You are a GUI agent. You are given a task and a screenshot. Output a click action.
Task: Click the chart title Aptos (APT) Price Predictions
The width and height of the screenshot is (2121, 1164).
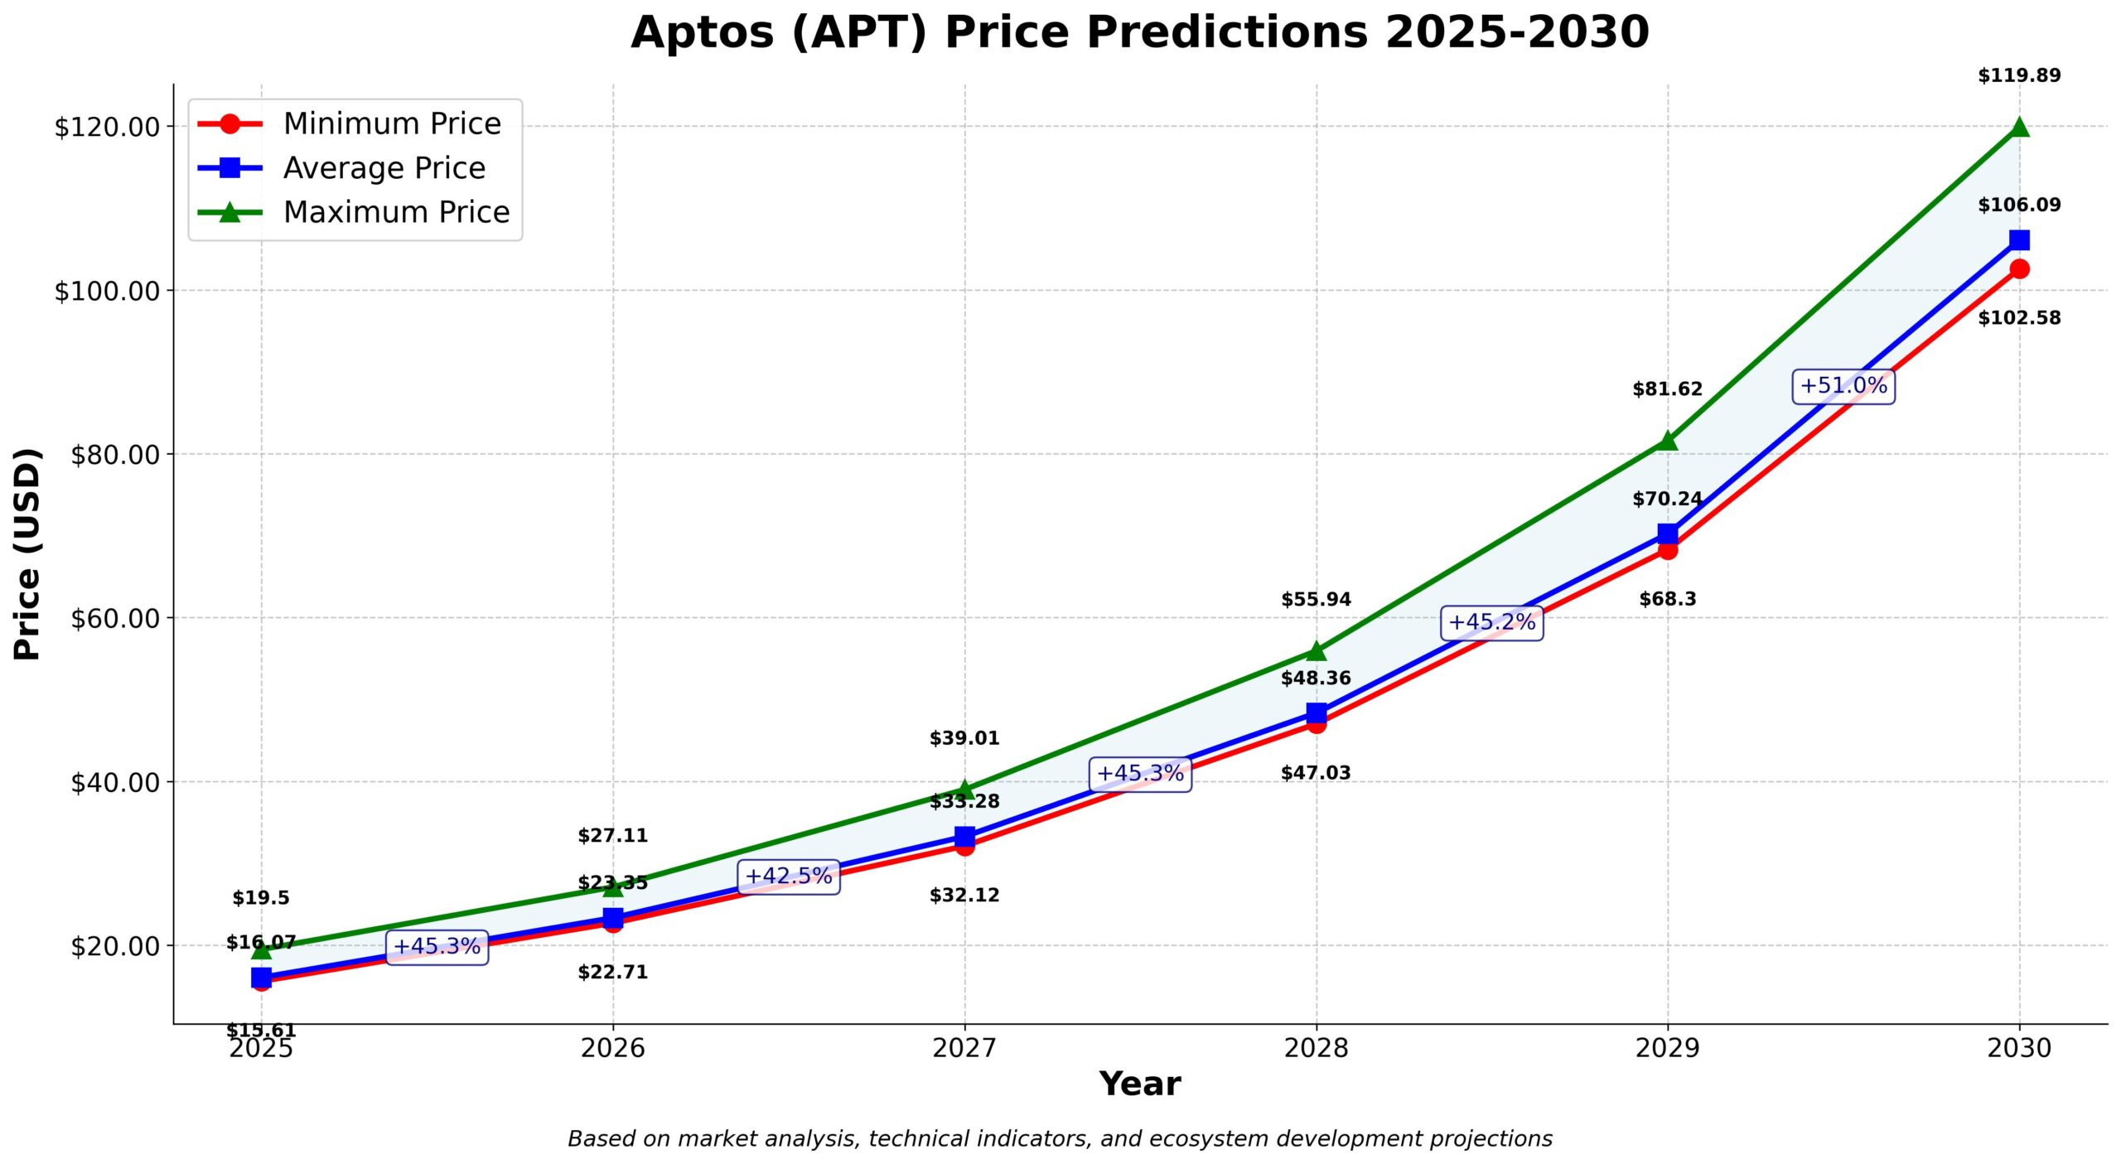click(x=1139, y=33)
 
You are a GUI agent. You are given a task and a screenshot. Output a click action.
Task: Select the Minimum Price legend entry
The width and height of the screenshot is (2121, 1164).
click(x=391, y=124)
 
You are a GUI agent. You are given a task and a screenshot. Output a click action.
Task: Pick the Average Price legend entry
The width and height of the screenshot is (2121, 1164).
click(x=384, y=168)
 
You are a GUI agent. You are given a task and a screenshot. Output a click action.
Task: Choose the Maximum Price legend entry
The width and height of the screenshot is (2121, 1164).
click(x=395, y=213)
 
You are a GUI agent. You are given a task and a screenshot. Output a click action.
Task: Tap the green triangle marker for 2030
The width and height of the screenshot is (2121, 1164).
click(x=2019, y=127)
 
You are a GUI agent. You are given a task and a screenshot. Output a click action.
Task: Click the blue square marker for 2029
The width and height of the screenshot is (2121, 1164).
click(x=1667, y=534)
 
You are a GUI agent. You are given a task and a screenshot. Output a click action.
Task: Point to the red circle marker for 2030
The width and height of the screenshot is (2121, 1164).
click(x=2019, y=268)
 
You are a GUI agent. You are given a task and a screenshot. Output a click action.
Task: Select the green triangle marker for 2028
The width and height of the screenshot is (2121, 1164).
click(x=1316, y=651)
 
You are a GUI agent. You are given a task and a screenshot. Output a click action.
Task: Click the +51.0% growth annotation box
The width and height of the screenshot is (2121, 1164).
click(x=1843, y=386)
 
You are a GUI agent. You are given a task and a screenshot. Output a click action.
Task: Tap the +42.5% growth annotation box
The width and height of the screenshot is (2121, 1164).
click(x=788, y=876)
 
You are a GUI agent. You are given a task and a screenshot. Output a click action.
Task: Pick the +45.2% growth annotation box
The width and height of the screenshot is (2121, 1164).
click(x=1491, y=622)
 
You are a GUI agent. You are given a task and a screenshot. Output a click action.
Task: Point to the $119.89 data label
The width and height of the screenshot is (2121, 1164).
click(x=2019, y=76)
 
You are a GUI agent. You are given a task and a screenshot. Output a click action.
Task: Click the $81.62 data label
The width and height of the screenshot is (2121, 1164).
click(x=1667, y=389)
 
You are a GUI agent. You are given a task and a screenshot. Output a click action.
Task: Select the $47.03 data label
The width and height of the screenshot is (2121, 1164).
click(x=1316, y=773)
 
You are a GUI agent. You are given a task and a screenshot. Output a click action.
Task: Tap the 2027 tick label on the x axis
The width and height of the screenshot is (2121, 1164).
click(x=964, y=1048)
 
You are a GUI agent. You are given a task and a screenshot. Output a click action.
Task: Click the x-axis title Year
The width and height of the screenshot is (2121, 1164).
click(x=1139, y=1084)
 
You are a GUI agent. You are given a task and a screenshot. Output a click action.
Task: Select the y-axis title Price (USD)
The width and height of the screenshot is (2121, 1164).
click(x=27, y=553)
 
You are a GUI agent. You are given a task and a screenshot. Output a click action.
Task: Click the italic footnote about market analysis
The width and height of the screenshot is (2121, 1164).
click(x=1060, y=1139)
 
